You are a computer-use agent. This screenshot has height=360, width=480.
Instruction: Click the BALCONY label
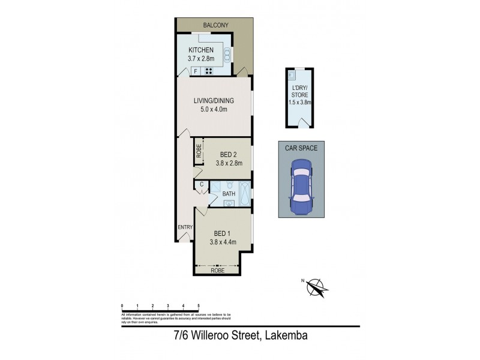click(215, 25)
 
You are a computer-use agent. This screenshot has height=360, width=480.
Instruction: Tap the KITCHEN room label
click(201, 50)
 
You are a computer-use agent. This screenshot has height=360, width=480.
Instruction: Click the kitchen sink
click(228, 56)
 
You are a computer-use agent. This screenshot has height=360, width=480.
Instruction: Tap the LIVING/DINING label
click(213, 100)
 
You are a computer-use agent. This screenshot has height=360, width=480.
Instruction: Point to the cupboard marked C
click(202, 184)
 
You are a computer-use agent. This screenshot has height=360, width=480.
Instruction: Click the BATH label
click(229, 194)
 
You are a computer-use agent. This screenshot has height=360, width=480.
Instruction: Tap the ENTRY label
click(184, 227)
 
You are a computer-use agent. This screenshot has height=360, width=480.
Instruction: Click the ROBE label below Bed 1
click(217, 271)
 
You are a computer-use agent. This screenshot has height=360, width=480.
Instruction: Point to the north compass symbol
click(316, 287)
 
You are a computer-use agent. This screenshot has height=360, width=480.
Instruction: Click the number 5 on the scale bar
click(199, 306)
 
